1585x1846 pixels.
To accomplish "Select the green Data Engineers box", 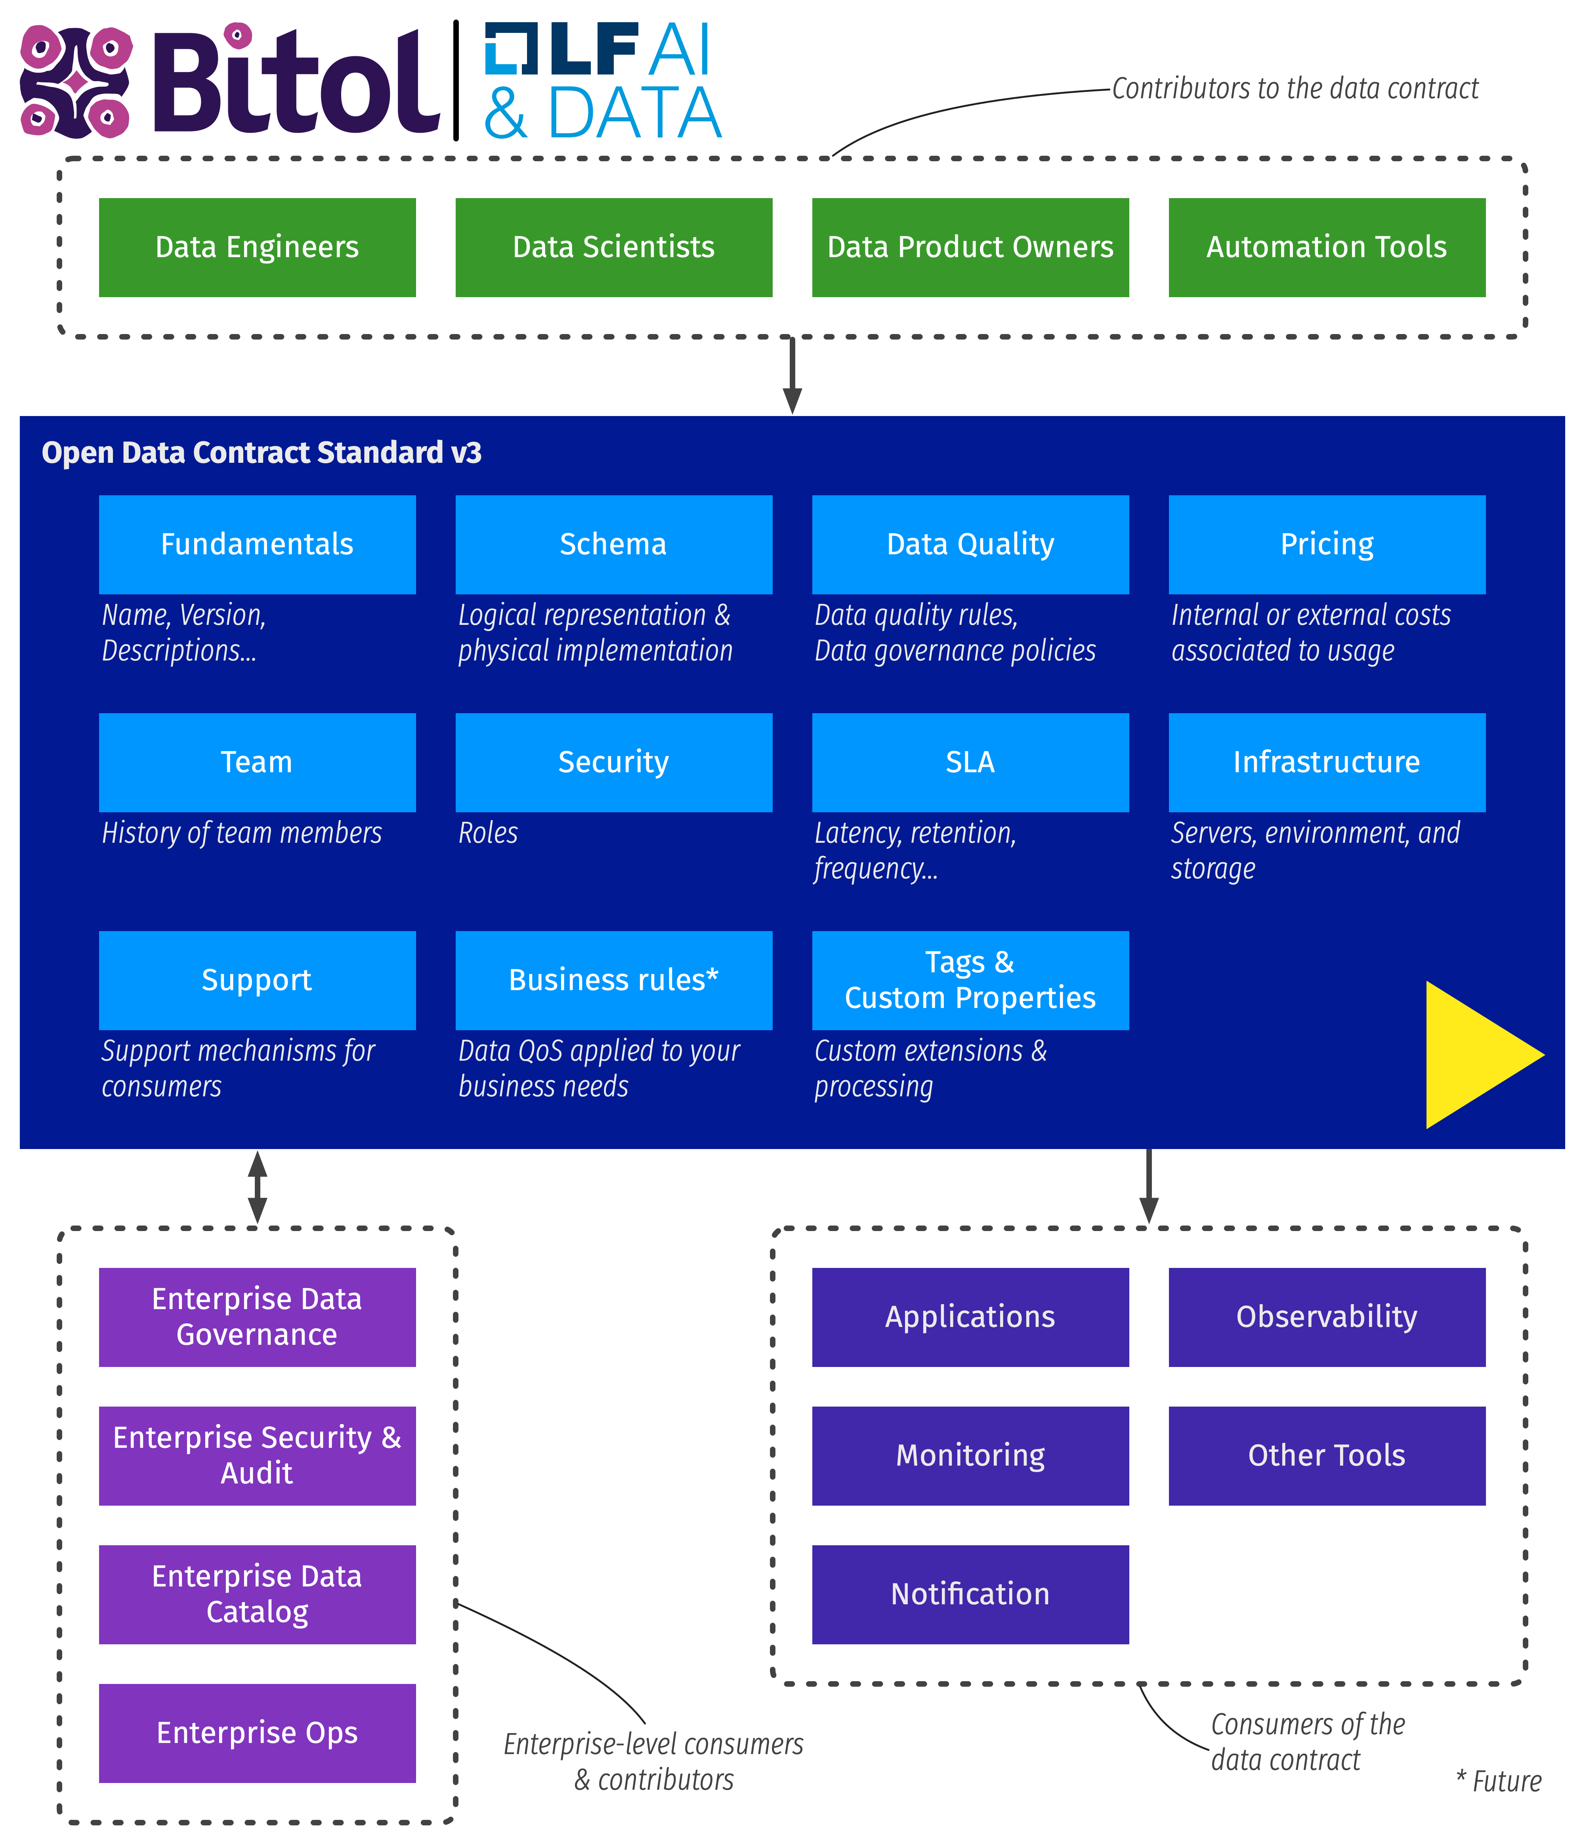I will (257, 247).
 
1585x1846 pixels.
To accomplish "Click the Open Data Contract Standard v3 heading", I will (261, 452).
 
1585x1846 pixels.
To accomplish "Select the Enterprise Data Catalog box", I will (257, 1594).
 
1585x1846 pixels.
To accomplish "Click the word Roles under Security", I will (487, 833).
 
